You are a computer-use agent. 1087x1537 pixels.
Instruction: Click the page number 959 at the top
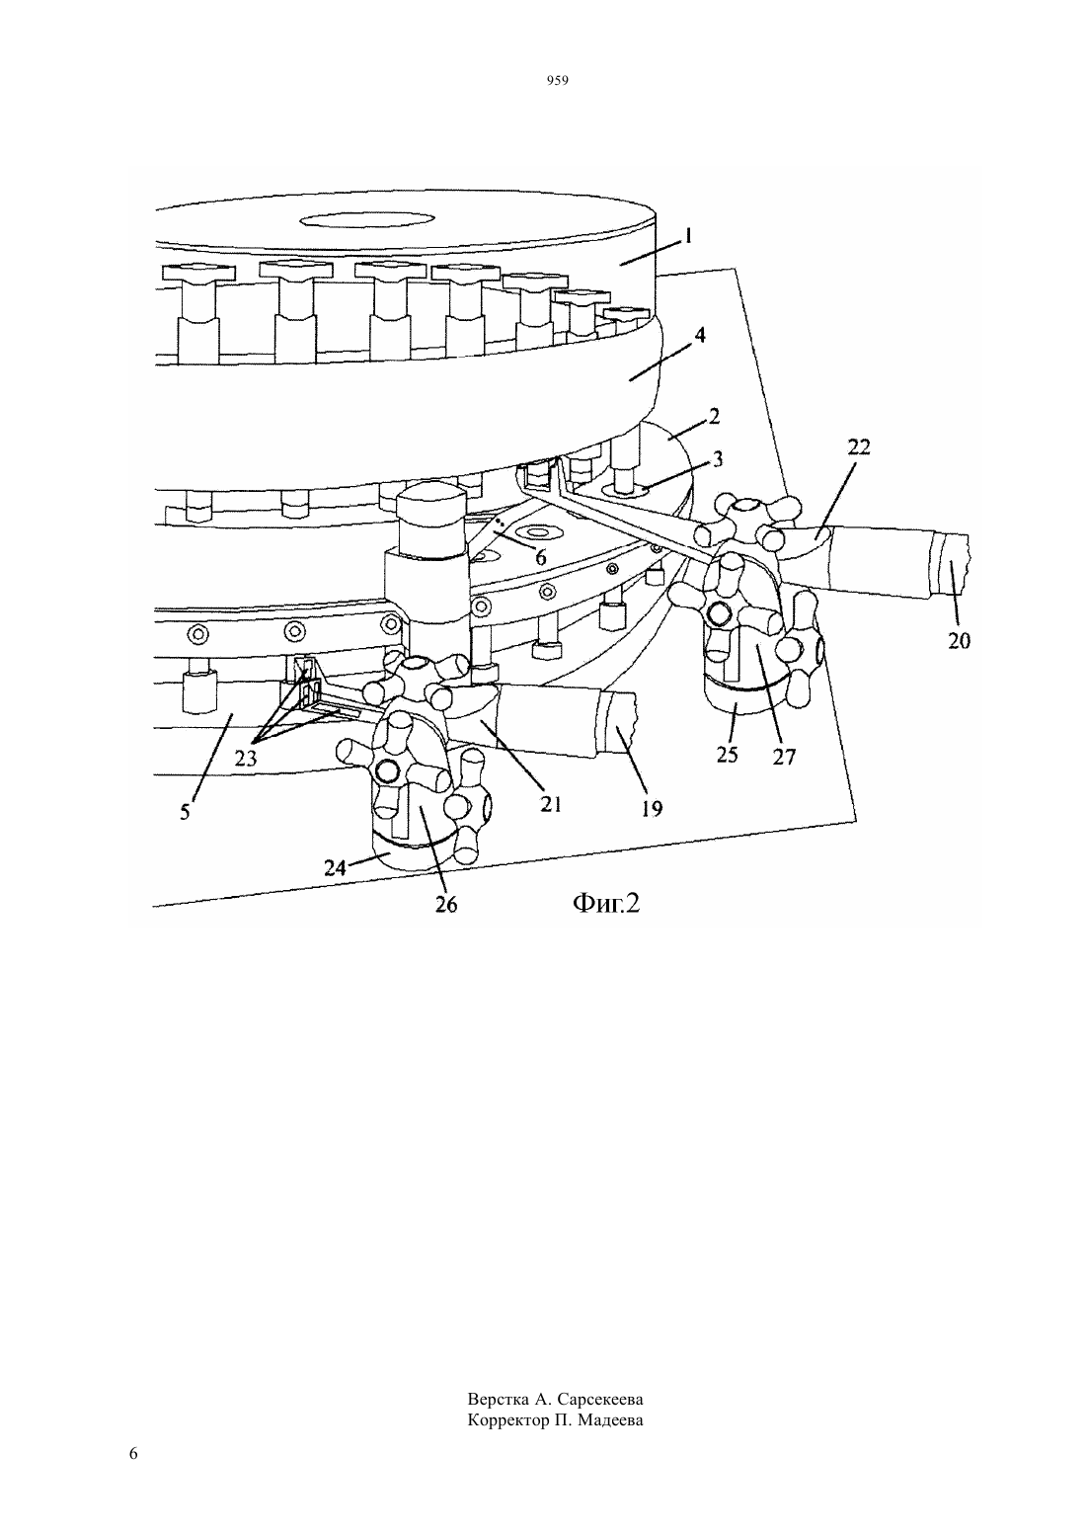(558, 81)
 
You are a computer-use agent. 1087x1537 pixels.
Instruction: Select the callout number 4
(700, 336)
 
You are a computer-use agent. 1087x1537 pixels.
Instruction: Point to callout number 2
(714, 416)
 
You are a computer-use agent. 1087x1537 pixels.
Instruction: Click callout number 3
(718, 458)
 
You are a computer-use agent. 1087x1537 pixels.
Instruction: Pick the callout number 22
(859, 447)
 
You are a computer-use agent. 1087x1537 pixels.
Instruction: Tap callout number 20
(959, 641)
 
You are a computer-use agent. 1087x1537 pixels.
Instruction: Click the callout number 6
(541, 558)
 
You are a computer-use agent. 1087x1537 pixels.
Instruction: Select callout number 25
(727, 754)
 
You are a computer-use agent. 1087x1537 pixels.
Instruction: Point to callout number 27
(784, 756)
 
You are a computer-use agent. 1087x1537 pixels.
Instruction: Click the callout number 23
(246, 759)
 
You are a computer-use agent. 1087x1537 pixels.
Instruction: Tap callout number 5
(186, 812)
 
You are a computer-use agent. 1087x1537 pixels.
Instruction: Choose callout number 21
(551, 803)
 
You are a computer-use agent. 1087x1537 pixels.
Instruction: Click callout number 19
(652, 809)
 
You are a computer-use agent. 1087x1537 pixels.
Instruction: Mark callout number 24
(335, 868)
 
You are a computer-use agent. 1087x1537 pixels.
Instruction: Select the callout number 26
(446, 905)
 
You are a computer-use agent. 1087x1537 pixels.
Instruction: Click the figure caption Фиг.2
(605, 903)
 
